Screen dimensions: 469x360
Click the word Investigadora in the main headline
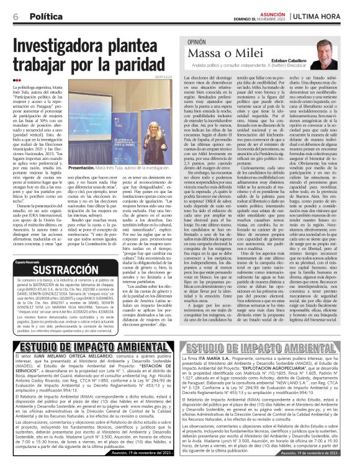pos(72,43)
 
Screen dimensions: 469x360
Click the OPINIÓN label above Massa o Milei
pos(200,43)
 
